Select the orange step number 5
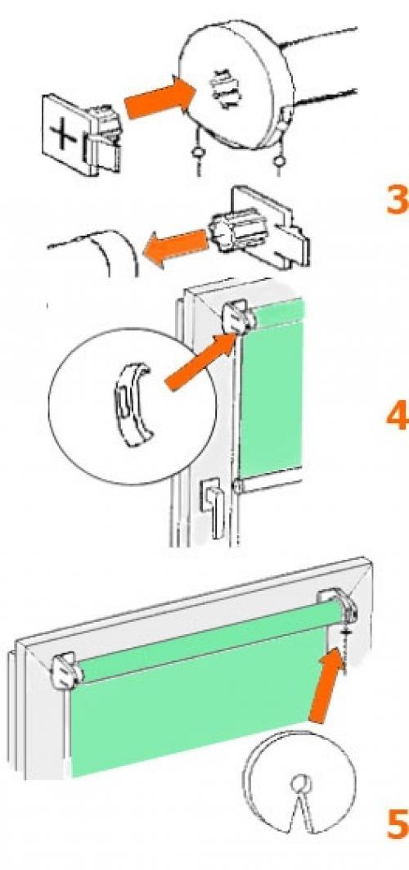(x=397, y=825)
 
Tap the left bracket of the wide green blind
(x=66, y=671)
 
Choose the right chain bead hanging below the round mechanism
(x=280, y=161)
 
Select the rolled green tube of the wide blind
(x=209, y=642)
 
